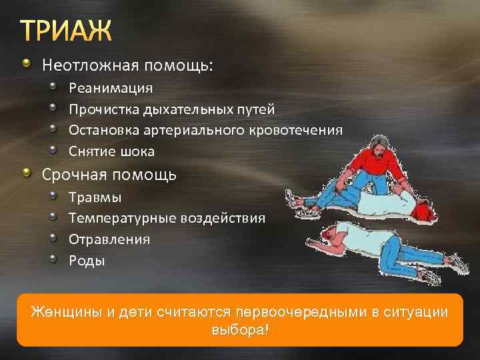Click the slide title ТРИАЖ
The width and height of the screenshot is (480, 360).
pyautogui.click(x=66, y=31)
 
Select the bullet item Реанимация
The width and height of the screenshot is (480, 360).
pyautogui.click(x=111, y=88)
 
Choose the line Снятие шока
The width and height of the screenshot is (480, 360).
pyautogui.click(x=111, y=151)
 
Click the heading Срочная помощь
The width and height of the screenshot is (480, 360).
pyautogui.click(x=109, y=175)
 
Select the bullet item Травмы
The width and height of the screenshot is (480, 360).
pyautogui.click(x=95, y=197)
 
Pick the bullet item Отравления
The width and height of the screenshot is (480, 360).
pyautogui.click(x=109, y=239)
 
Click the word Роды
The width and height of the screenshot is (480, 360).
pyautogui.click(x=87, y=260)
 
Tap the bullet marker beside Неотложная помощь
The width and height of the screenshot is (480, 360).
pyautogui.click(x=26, y=65)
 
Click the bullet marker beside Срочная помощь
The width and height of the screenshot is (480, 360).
pyautogui.click(x=26, y=174)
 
